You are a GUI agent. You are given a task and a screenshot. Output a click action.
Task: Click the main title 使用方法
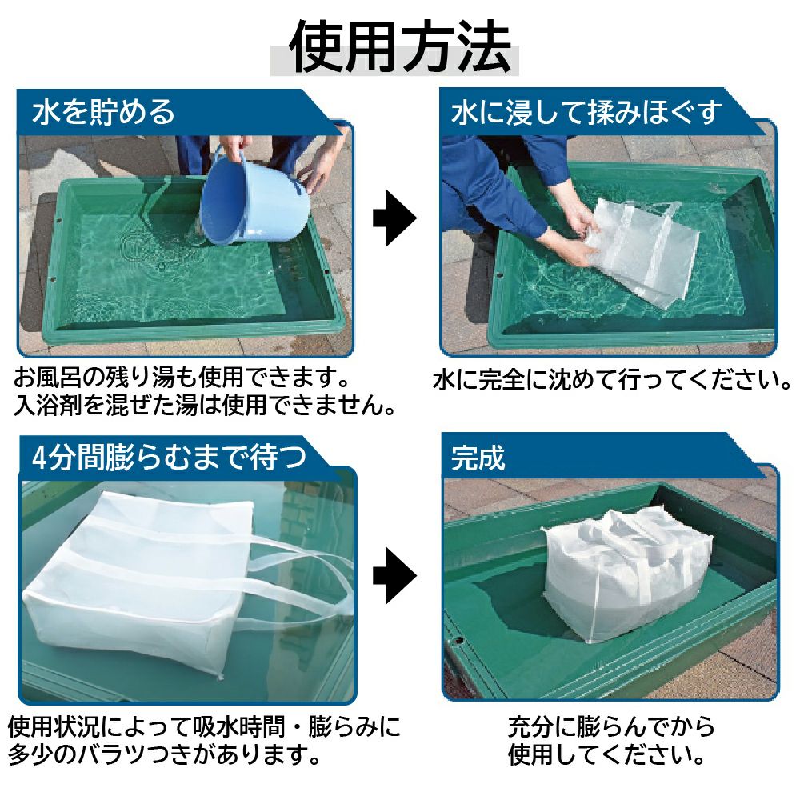pyautogui.click(x=400, y=47)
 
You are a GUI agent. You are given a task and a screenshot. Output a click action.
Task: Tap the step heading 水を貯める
pyautogui.click(x=103, y=112)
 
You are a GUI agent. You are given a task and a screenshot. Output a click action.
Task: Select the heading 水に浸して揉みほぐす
pyautogui.click(x=586, y=112)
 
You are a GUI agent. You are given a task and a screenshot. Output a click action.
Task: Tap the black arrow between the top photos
pyautogui.click(x=394, y=218)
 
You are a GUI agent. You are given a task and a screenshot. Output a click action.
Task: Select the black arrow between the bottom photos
pyautogui.click(x=394, y=575)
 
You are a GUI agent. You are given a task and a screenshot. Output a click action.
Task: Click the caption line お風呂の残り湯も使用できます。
pyautogui.click(x=182, y=377)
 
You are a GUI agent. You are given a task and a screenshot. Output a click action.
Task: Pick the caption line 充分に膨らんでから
pyautogui.click(x=611, y=726)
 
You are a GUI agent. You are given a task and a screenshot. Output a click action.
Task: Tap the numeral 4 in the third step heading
pyautogui.click(x=39, y=458)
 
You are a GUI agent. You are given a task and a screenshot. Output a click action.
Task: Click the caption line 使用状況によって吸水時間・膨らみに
pyautogui.click(x=204, y=726)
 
